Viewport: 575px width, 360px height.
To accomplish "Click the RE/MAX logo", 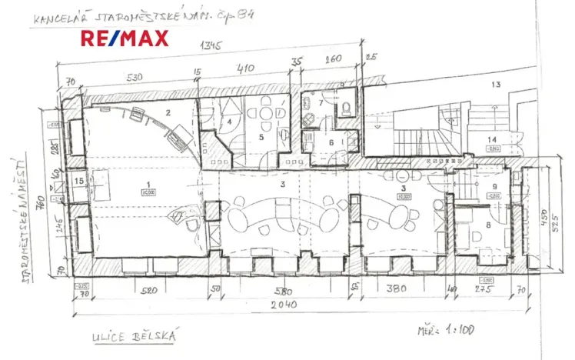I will coord(125,38).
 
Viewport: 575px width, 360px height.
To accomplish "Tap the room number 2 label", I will coord(167,112).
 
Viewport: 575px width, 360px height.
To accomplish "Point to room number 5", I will coord(261,138).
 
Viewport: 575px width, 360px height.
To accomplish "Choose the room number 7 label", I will coord(321,103).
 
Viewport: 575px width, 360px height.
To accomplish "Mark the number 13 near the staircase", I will coord(496,84).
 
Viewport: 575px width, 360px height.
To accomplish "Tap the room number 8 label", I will coord(489,225).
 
